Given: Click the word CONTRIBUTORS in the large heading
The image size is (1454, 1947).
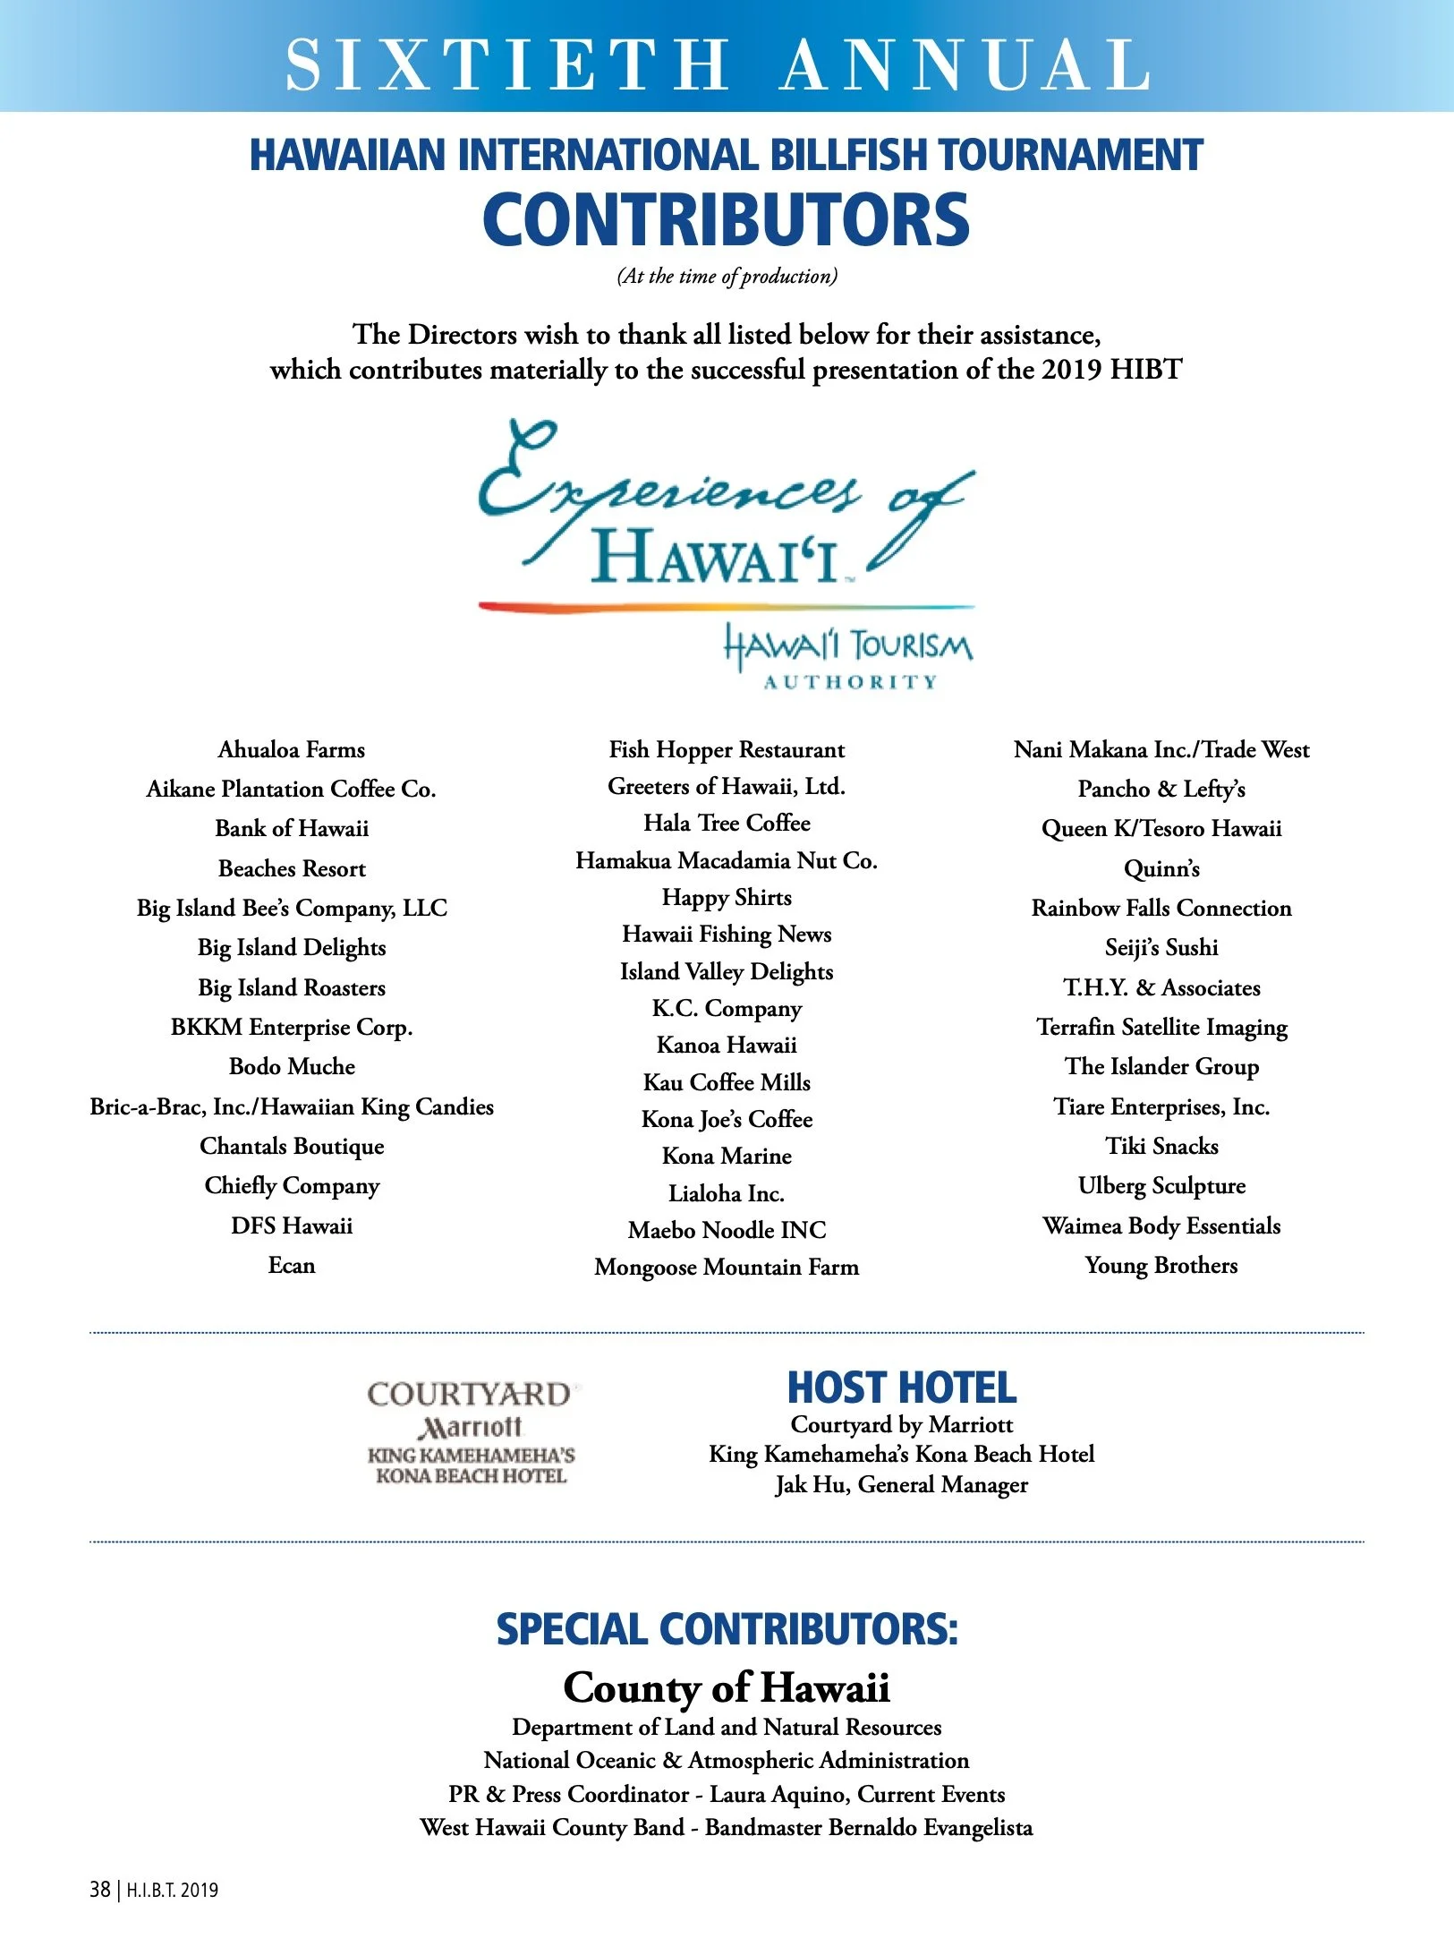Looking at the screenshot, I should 726,220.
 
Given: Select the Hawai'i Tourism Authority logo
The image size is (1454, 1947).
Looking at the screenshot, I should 848,657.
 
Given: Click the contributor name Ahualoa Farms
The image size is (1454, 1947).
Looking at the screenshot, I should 292,749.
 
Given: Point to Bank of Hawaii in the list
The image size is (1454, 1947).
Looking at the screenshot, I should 292,828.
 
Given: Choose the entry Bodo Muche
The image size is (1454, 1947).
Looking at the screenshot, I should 292,1066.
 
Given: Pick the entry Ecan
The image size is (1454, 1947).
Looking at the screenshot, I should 292,1265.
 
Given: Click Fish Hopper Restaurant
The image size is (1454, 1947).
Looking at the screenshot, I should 727,749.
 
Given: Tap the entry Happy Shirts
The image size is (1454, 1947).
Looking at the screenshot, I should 727,897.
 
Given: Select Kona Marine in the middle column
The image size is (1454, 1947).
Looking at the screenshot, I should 727,1156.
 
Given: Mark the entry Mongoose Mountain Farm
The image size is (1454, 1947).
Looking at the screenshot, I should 727,1267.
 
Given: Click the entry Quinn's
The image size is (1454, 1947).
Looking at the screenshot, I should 1161,868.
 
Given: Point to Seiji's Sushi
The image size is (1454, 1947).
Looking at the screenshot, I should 1161,947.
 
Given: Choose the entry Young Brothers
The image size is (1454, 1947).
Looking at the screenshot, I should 1161,1265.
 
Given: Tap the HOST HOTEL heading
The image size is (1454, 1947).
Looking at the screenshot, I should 902,1388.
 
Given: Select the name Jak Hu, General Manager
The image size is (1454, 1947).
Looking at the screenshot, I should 902,1484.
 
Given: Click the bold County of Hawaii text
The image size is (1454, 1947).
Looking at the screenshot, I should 727,1688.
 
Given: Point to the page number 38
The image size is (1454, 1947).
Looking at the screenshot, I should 99,1890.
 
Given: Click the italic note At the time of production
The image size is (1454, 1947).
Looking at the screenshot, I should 727,276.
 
